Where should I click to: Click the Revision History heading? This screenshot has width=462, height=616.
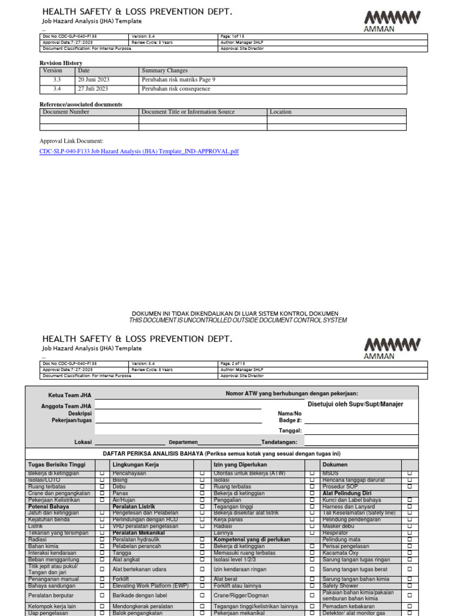[x=61, y=63]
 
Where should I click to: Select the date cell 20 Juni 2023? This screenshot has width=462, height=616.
[x=93, y=79]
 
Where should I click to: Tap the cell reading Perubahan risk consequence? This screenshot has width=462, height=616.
[x=176, y=88]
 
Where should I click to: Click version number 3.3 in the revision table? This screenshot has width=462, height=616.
[x=57, y=79]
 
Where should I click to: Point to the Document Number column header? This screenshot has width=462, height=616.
[x=66, y=112]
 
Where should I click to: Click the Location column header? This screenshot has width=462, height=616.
[x=280, y=112]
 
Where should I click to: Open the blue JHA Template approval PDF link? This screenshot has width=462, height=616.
[x=139, y=152]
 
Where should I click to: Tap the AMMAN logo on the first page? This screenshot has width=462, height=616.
[x=392, y=21]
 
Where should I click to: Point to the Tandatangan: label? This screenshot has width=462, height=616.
[x=279, y=442]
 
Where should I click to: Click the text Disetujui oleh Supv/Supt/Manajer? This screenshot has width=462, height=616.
[x=355, y=404]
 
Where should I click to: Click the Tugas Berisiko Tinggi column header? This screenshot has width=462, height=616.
[x=57, y=465]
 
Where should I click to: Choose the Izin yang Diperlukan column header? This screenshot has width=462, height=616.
[x=240, y=465]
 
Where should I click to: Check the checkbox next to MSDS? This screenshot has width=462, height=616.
[x=410, y=473]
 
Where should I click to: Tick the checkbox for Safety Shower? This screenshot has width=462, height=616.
[x=410, y=585]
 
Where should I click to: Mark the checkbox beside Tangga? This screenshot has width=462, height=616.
[x=202, y=553]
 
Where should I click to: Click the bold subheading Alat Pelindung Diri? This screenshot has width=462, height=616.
[x=346, y=493]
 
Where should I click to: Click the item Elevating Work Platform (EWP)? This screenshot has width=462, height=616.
[x=150, y=585]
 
